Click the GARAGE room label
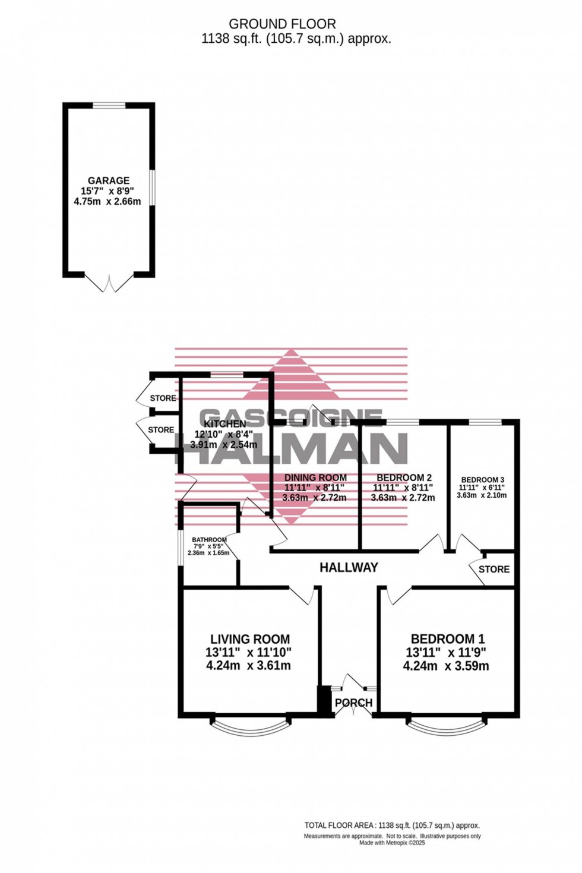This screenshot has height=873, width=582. [x=108, y=181]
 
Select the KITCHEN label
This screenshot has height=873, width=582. [x=224, y=424]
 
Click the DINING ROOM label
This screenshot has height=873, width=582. [x=315, y=477]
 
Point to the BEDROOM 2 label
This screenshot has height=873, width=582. [x=404, y=477]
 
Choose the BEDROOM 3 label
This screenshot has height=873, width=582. [x=482, y=480]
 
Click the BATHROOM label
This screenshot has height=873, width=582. [x=209, y=540]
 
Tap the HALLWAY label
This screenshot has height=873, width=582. [x=349, y=568]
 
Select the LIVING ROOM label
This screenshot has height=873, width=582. [x=250, y=640]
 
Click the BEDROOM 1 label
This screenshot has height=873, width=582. [x=448, y=639]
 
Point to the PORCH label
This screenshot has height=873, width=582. [x=353, y=703]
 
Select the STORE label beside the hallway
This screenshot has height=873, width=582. [x=494, y=570]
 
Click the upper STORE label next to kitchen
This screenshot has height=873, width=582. [x=163, y=398]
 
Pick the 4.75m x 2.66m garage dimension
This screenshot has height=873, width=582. [x=107, y=202]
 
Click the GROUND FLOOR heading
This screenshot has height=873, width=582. [x=282, y=24]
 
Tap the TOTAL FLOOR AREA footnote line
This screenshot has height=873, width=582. [x=392, y=825]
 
